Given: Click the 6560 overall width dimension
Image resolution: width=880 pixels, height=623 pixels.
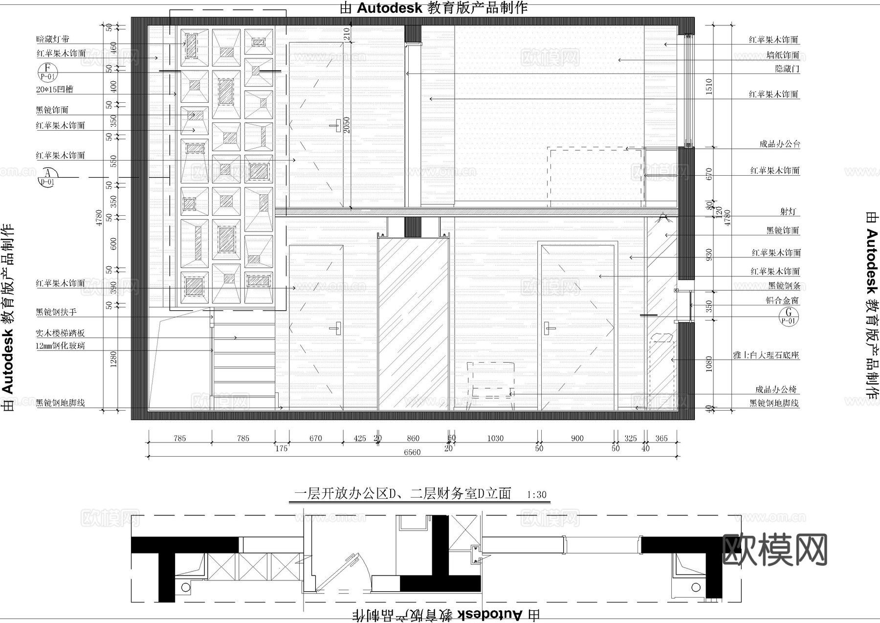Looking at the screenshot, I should (x=412, y=452).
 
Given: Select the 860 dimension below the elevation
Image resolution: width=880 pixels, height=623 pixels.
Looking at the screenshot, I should (x=413, y=438).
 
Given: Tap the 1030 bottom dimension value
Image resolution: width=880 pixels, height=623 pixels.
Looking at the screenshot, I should (x=495, y=438).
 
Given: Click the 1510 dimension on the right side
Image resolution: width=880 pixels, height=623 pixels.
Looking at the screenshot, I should (x=709, y=86).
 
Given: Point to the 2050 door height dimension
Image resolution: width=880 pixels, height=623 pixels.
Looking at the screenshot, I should (x=347, y=125).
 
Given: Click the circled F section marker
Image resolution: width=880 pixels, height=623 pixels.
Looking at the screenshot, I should (x=47, y=72).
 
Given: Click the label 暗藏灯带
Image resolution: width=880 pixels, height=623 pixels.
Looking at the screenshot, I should (x=53, y=39).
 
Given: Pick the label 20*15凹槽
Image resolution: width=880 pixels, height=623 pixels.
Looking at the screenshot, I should (x=55, y=90).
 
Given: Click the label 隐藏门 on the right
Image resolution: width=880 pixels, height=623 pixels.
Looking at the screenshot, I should (x=787, y=69).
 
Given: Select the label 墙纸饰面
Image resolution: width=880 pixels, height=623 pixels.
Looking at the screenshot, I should (x=783, y=55).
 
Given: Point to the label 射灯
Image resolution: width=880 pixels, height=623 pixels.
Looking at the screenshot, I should (x=788, y=212).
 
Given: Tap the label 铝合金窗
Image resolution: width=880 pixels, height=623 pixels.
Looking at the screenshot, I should (x=782, y=300).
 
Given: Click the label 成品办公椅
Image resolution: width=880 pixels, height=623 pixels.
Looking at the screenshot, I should (x=776, y=390).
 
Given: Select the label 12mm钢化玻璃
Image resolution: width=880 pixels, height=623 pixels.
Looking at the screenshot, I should (x=60, y=346).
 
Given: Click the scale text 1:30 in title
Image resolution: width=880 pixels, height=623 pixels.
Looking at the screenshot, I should (x=537, y=495).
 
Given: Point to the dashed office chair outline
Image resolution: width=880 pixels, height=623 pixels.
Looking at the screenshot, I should (x=490, y=382).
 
